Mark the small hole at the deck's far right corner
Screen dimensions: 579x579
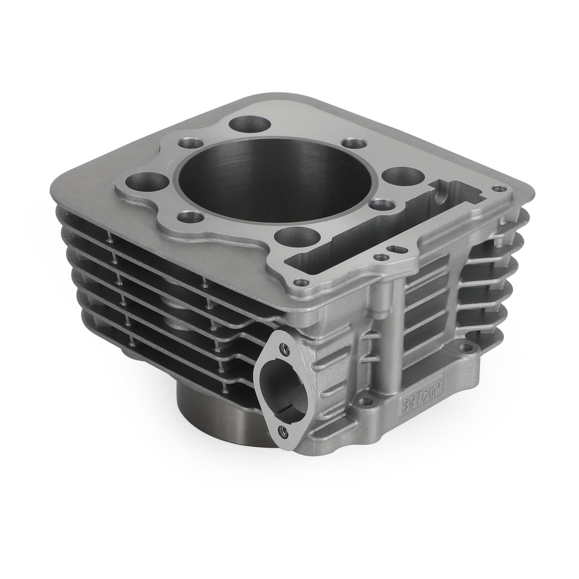click(498, 188)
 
